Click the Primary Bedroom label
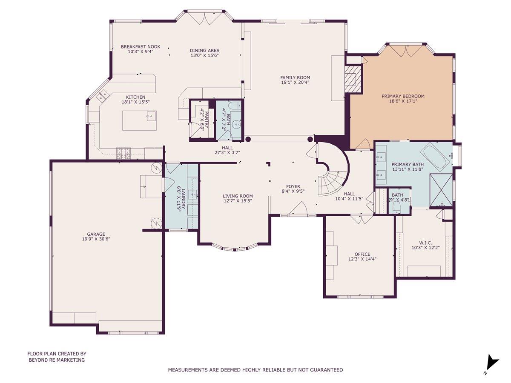[x=403, y=96]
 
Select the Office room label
[x=362, y=254]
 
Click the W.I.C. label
[x=422, y=243]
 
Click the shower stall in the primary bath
[x=441, y=190]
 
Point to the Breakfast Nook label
[x=137, y=47]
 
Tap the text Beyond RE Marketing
[x=57, y=360]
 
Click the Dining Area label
[x=204, y=50]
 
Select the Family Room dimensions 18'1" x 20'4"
[x=295, y=82]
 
